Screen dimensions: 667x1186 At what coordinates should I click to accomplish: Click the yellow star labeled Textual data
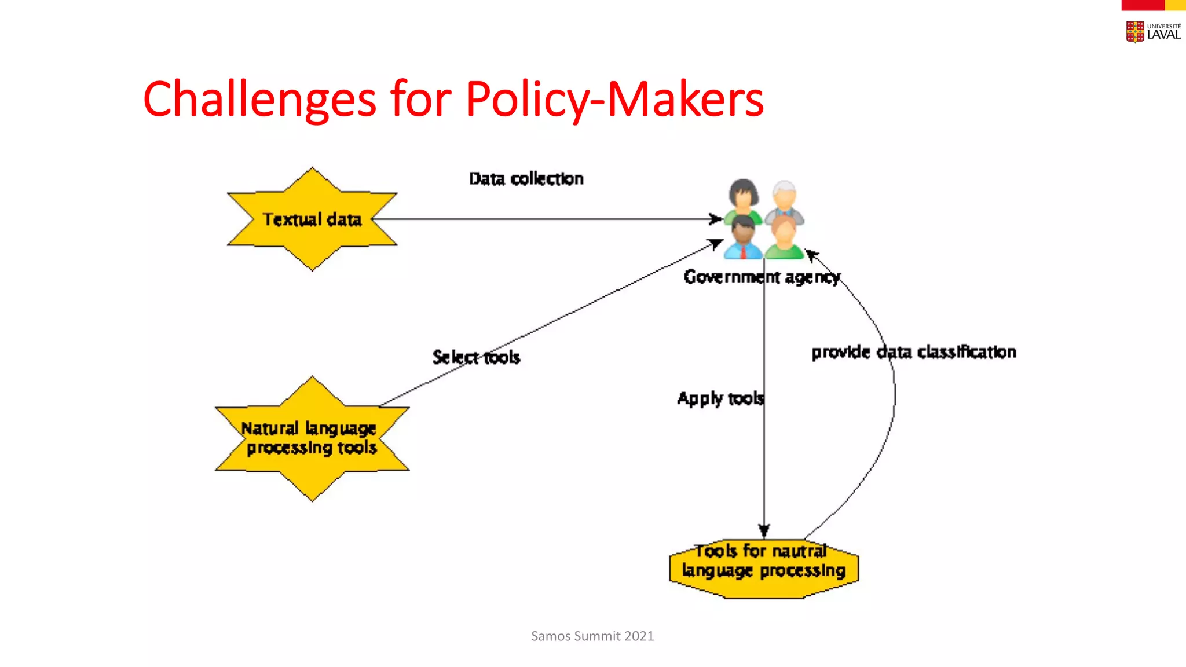[x=312, y=219]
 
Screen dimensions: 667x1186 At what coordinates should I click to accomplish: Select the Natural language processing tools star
[x=312, y=438]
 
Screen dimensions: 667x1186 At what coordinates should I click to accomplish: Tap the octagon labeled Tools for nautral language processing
[x=763, y=565]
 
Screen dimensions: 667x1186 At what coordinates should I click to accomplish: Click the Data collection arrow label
[x=526, y=179]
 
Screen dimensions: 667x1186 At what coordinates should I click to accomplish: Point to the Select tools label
[x=476, y=357]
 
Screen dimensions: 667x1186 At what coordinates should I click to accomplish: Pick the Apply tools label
[x=720, y=398]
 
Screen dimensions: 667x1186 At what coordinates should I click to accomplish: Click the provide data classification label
[x=913, y=352]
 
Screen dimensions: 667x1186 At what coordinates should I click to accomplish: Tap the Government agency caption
[x=761, y=277]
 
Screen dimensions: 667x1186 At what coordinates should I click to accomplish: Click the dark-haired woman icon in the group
[x=744, y=197]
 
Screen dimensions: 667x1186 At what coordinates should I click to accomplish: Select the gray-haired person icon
[x=785, y=200]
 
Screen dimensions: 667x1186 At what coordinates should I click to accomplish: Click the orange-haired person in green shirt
[x=784, y=239]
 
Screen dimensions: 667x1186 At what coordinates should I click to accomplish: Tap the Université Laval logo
[x=1153, y=32]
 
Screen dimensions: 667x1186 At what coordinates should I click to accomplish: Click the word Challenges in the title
[x=259, y=100]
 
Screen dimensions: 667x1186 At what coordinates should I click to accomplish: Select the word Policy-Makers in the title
[x=614, y=100]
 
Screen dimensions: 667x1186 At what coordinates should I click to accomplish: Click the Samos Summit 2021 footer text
[x=592, y=636]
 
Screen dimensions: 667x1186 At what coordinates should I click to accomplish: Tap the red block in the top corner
[x=1142, y=5]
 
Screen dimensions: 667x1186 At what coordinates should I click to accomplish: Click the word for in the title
[x=420, y=100]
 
